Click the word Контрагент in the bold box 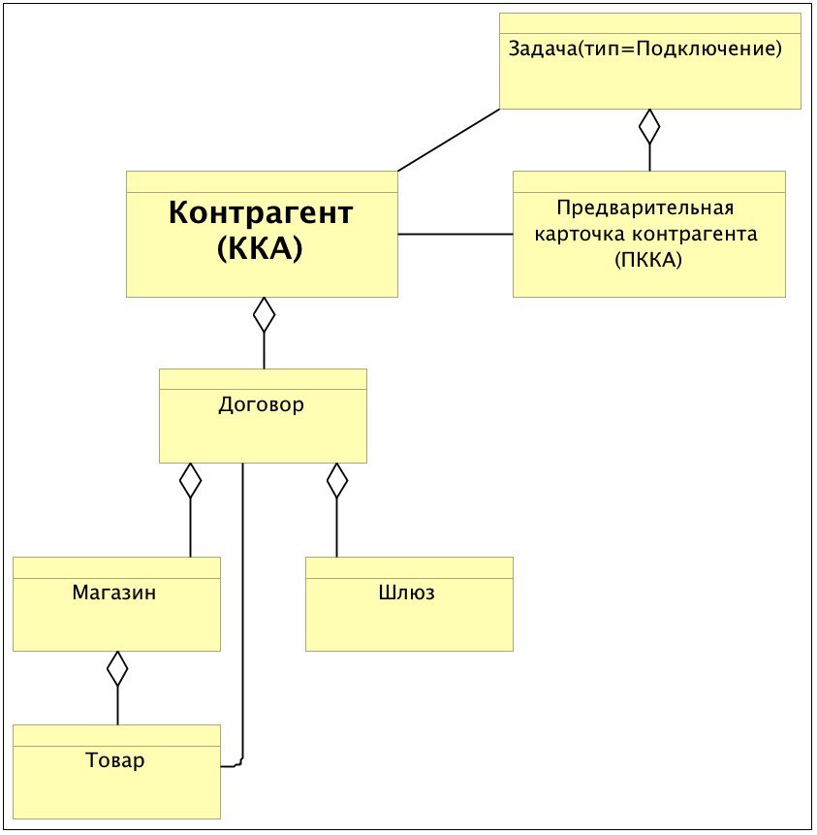(261, 212)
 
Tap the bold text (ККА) (261, 247)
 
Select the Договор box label (262, 404)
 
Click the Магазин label (114, 593)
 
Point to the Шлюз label (407, 593)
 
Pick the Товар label (115, 760)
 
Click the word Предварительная (645, 208)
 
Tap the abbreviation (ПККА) (648, 260)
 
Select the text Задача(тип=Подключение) (645, 48)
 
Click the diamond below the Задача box (649, 126)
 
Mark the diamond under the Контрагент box (264, 315)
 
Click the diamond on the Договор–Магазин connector (190, 480)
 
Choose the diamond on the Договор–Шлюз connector (336, 480)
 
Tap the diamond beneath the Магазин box (117, 668)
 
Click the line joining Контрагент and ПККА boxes (456, 234)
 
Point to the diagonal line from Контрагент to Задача (449, 140)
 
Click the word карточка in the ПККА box (580, 235)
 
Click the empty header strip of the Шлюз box (409, 567)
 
